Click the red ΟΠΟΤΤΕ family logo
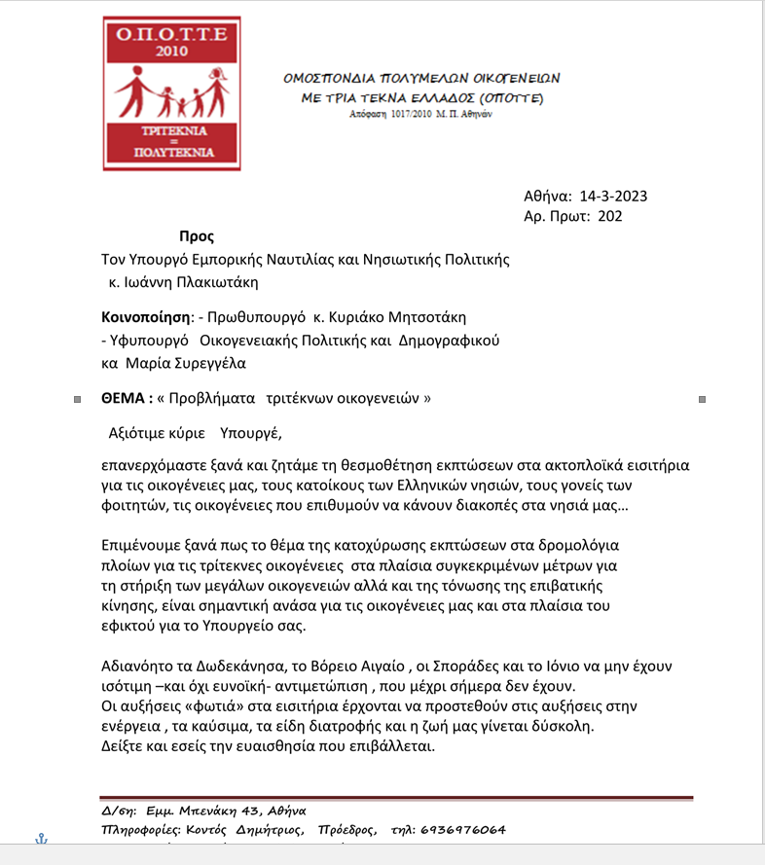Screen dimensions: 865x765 (172, 93)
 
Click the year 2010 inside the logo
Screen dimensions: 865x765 (172, 50)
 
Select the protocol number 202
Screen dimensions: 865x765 (610, 216)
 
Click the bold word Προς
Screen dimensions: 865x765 (197, 237)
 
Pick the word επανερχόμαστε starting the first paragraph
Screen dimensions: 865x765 (153, 465)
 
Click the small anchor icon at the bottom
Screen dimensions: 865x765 (41, 839)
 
